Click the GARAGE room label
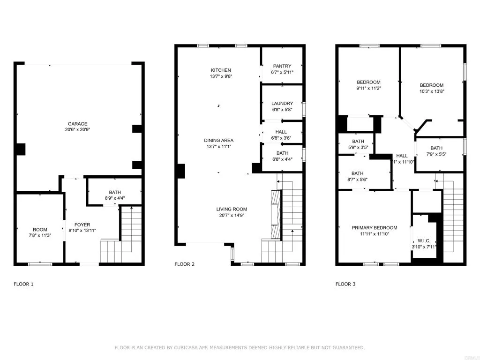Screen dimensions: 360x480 [78, 124]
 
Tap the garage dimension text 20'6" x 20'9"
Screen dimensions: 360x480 [78, 130]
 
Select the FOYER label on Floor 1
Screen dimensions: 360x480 [82, 225]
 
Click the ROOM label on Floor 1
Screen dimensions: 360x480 [40, 229]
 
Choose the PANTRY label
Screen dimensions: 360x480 [281, 66]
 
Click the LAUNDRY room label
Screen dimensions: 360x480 [282, 104]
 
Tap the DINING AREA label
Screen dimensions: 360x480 [218, 140]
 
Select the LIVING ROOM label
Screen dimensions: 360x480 [232, 209]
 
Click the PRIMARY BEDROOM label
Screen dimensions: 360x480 [375, 227]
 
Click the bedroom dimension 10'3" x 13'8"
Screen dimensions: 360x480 [431, 91]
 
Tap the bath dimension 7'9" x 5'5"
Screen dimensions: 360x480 [436, 154]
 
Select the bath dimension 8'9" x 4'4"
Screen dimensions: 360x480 [114, 198]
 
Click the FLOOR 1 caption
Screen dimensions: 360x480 [23, 284]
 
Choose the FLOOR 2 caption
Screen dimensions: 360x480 [184, 264]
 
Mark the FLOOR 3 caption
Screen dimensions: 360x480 [345, 284]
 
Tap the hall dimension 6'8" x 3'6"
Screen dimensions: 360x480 [281, 138]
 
